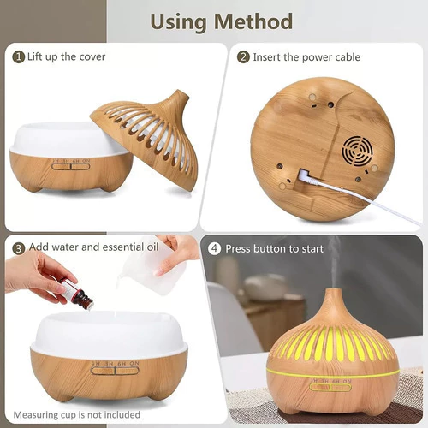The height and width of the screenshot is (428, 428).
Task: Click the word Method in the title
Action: tap(253, 21)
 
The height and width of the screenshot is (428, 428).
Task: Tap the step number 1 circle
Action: tap(18, 57)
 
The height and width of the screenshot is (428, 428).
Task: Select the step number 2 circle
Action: tap(243, 57)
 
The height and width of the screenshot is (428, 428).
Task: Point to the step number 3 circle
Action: tap(18, 248)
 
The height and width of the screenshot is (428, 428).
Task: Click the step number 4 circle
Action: tap(214, 248)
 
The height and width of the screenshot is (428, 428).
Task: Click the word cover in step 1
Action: tap(92, 57)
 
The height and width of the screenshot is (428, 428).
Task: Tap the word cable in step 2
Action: tap(348, 57)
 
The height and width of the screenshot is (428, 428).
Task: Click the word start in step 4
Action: tap(312, 249)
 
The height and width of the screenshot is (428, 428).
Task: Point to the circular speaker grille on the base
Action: tap(358, 152)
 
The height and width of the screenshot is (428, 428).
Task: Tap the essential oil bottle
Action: tap(76, 293)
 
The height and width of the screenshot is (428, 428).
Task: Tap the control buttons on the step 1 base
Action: tap(71, 166)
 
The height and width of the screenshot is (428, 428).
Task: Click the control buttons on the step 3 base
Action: tap(115, 371)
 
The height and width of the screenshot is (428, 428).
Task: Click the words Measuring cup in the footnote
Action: tap(43, 415)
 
